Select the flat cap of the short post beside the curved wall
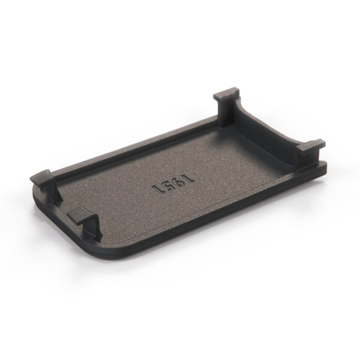click(x=311, y=147)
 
